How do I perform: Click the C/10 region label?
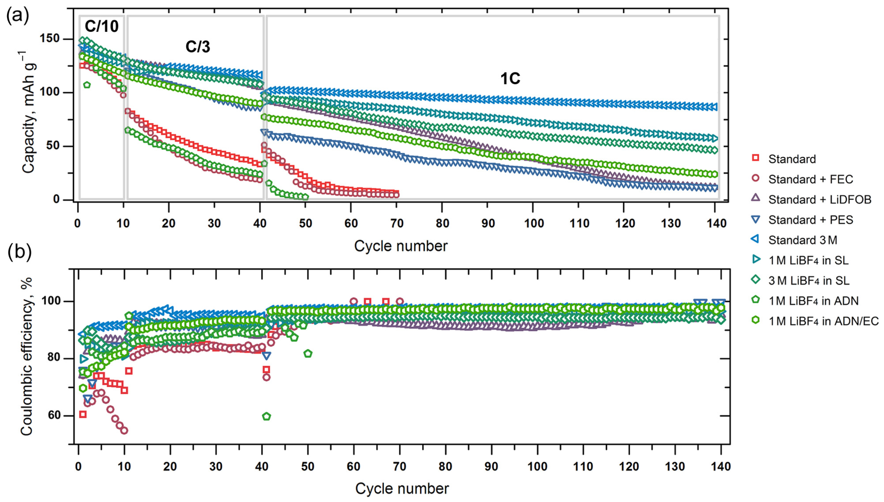102,26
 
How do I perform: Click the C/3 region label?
197,47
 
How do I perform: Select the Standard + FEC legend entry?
810,179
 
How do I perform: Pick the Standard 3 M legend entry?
802,240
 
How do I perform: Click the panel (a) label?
18,15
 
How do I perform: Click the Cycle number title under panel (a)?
401,246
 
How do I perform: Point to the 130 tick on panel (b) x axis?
674,467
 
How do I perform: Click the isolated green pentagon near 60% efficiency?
266,416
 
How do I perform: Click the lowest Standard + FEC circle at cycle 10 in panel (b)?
124,431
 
